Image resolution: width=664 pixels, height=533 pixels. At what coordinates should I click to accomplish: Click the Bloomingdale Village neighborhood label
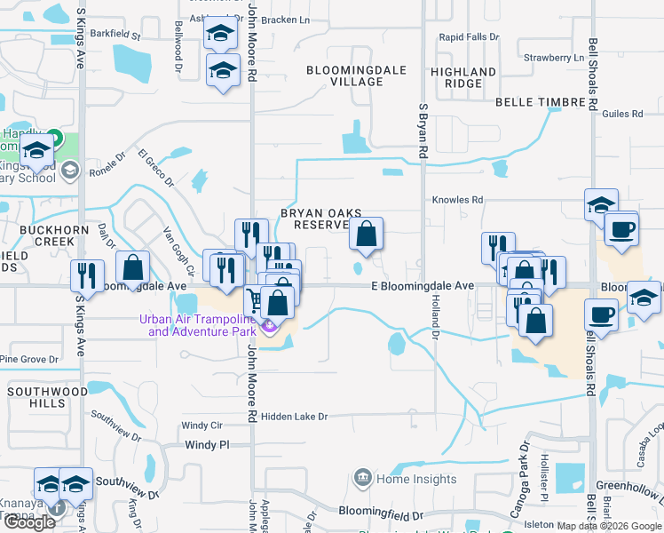(344, 76)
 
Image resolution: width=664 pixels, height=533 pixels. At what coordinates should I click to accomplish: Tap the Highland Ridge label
(463, 77)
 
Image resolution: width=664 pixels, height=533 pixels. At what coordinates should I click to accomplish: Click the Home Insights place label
(399, 478)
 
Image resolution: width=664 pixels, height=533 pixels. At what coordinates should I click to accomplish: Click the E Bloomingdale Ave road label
(423, 286)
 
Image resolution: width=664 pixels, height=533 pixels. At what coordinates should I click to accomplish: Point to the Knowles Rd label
(458, 201)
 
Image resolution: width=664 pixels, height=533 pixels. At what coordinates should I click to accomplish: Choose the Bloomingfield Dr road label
(383, 513)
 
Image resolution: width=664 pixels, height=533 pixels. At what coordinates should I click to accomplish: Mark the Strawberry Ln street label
(553, 58)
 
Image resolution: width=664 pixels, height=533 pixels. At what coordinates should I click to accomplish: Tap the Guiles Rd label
(621, 114)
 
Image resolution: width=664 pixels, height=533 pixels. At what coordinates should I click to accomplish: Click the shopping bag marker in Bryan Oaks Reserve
(366, 235)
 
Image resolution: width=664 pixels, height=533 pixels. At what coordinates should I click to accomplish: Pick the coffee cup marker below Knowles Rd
(621, 229)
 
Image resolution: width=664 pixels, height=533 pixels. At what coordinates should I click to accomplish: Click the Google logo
(29, 522)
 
